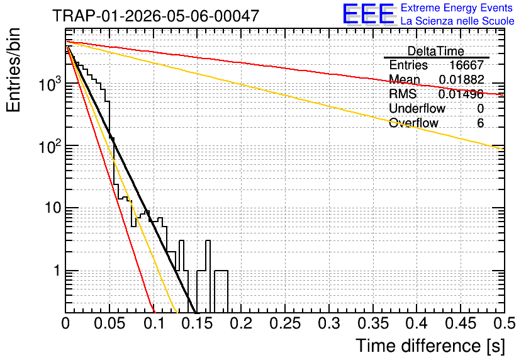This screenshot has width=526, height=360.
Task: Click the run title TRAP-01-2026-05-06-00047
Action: [x=155, y=16]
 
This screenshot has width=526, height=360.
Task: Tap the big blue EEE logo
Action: [x=369, y=14]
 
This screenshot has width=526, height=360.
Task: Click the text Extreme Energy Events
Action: [x=457, y=8]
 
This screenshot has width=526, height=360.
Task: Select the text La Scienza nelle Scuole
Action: [x=457, y=21]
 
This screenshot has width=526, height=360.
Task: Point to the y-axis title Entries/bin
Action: [x=14, y=70]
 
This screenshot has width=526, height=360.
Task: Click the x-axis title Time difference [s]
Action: [x=430, y=346]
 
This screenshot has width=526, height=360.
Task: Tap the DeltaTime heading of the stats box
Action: [x=436, y=51]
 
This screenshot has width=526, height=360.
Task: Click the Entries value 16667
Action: [x=467, y=65]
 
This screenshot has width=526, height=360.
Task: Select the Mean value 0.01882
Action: [x=462, y=79]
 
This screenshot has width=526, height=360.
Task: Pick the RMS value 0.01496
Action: [x=461, y=94]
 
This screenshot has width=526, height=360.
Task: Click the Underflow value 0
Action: [x=480, y=108]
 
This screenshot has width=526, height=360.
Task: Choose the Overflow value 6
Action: [x=480, y=123]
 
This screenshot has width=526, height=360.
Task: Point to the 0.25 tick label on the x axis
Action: [x=285, y=323]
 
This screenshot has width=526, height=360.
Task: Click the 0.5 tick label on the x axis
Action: [x=504, y=323]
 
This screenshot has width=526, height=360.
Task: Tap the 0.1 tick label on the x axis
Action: [x=154, y=323]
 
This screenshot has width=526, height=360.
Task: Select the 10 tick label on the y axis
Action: [x=53, y=208]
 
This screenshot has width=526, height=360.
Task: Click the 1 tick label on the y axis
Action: [x=57, y=271]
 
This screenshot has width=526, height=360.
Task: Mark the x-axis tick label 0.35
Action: [x=373, y=323]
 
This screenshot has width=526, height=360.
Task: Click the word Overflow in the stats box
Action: [x=413, y=123]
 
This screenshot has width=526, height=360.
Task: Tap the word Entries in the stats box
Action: [x=408, y=65]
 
